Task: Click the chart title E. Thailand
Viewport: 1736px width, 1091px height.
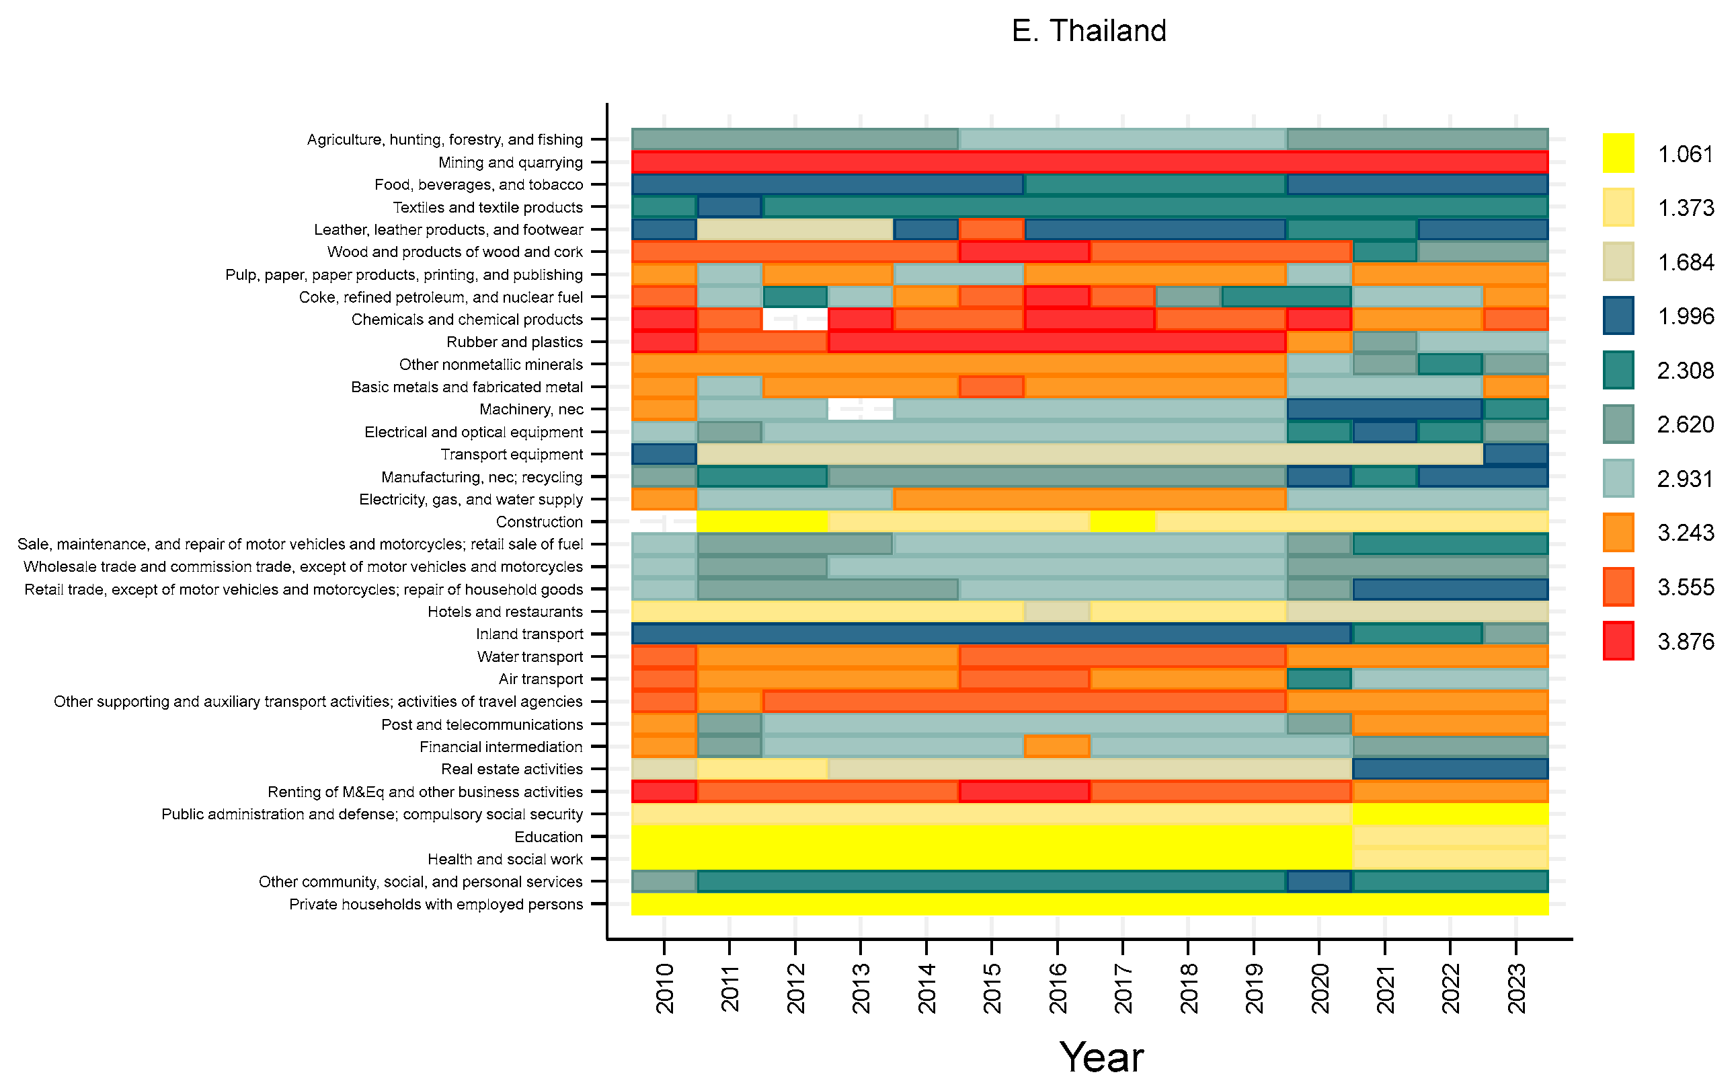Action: [1089, 31]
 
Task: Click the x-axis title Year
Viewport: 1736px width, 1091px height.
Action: [1101, 1057]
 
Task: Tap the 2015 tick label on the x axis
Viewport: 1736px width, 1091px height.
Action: [992, 988]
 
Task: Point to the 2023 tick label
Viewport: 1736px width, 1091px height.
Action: [1516, 988]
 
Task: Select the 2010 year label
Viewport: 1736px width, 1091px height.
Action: [665, 988]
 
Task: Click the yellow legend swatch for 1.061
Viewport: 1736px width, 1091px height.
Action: [1618, 153]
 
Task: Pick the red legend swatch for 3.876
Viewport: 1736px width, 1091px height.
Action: [1618, 640]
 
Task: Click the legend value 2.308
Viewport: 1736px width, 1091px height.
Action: [1686, 370]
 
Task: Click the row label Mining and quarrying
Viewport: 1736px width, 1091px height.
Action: [510, 162]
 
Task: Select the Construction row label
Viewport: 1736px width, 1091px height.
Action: [539, 521]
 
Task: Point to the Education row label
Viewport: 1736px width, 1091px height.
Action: [548, 837]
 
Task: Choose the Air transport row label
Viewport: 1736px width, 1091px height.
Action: [541, 679]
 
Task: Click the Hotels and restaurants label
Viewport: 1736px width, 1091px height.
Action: [505, 611]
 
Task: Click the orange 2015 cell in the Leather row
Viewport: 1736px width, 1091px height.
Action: [991, 229]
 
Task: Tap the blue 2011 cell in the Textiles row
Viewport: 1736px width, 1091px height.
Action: [729, 207]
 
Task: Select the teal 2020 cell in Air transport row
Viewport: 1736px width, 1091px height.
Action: [1319, 679]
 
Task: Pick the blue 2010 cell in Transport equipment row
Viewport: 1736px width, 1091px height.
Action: [664, 454]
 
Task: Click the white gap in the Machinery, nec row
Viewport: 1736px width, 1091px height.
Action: [861, 409]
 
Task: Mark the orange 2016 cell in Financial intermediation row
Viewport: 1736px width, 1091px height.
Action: [1057, 747]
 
